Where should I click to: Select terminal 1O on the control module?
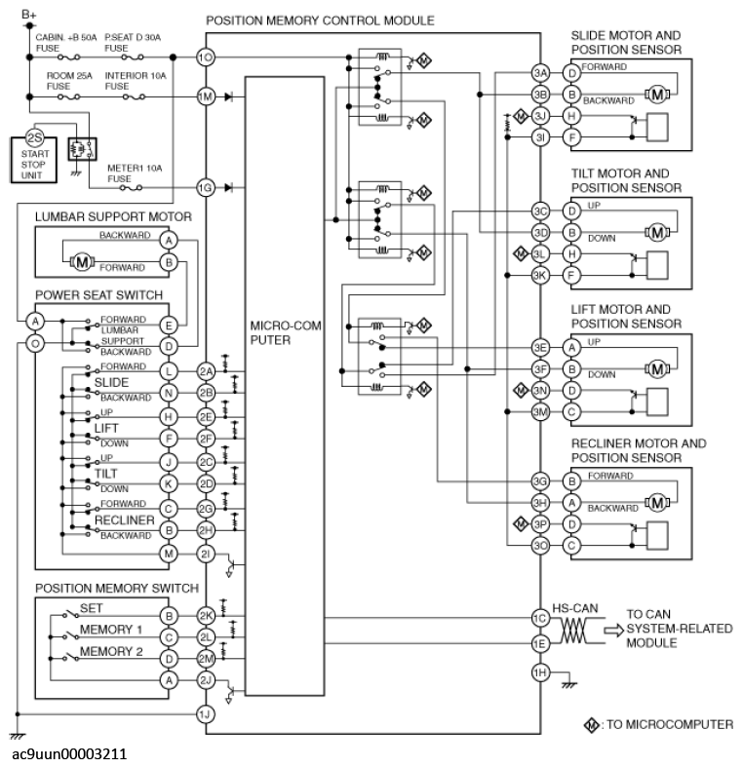pyautogui.click(x=205, y=58)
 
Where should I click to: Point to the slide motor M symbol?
pyautogui.click(x=656, y=95)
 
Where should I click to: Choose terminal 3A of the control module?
pyautogui.click(x=540, y=74)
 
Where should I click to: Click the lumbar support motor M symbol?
pyautogui.click(x=84, y=260)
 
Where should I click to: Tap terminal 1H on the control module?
pyautogui.click(x=539, y=672)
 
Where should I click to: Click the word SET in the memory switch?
pyautogui.click(x=92, y=607)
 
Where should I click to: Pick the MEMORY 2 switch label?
pyautogui.click(x=110, y=651)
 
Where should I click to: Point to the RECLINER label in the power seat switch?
pyautogui.click(x=124, y=521)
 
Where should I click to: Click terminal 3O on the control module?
pyautogui.click(x=540, y=546)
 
